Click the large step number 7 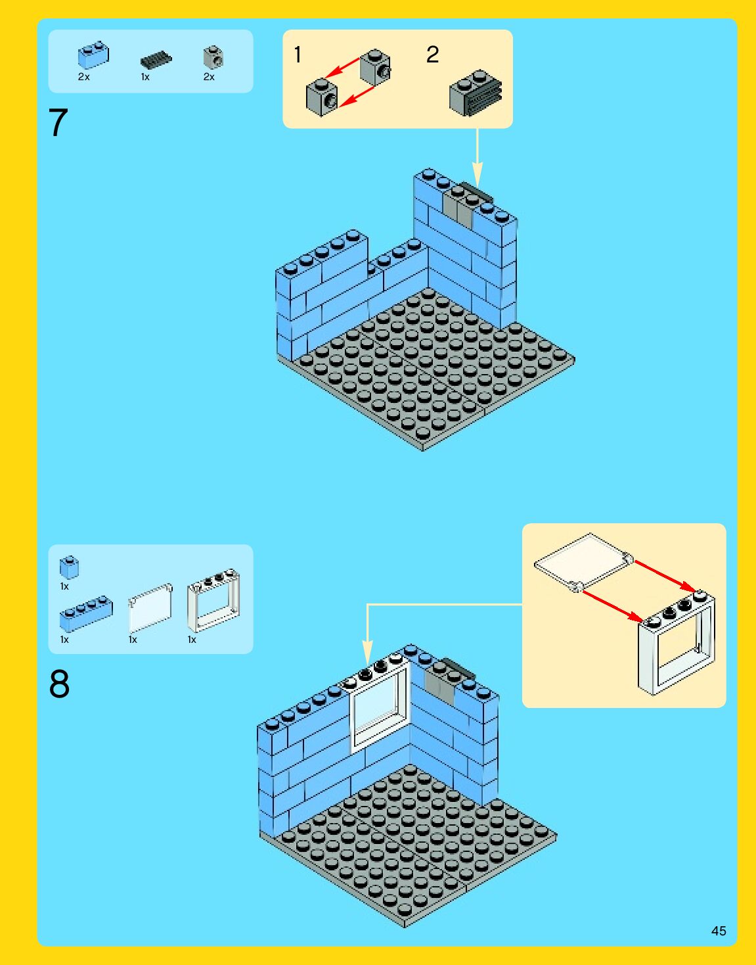pos(58,123)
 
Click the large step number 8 pos(59,684)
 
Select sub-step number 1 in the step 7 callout pos(298,55)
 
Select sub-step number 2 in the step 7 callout pos(433,55)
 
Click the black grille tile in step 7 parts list pos(156,60)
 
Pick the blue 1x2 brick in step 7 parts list pos(94,55)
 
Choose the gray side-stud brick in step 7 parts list pos(213,57)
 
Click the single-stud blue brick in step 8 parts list pos(69,567)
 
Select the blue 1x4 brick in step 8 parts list pos(86,614)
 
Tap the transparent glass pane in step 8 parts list pos(150,608)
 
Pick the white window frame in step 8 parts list pos(213,600)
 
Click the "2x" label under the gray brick pos(209,78)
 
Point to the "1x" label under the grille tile pos(145,78)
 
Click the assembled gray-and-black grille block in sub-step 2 pos(475,93)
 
